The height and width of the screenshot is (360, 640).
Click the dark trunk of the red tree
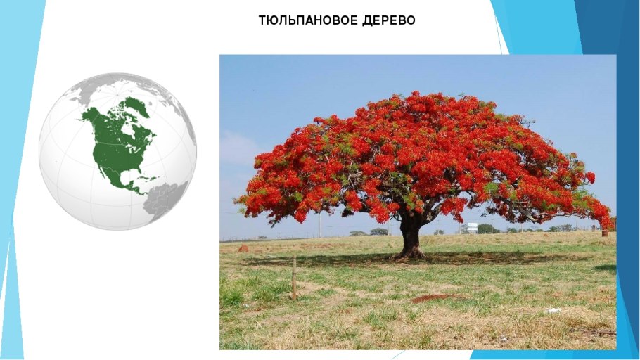tap(410, 237)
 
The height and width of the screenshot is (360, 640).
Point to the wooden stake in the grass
tap(294, 278)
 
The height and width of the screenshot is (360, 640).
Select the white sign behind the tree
tap(473, 228)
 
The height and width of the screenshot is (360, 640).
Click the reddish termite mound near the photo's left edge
tap(243, 249)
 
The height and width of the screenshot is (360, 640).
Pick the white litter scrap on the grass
tap(553, 311)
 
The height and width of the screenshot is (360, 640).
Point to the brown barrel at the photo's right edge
tap(605, 233)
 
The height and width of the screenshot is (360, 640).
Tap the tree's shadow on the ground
tap(416, 259)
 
